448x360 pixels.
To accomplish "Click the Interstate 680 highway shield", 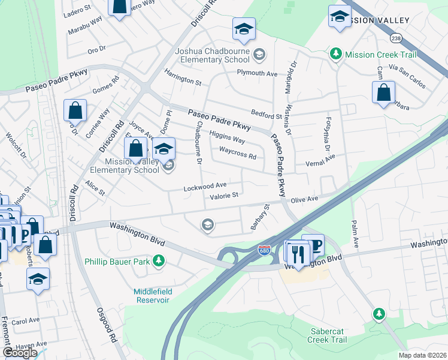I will click(x=264, y=249).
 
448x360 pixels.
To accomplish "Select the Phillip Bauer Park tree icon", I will click(x=159, y=261).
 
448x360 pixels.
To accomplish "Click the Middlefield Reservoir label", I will click(x=153, y=296).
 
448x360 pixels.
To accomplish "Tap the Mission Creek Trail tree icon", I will click(x=336, y=54).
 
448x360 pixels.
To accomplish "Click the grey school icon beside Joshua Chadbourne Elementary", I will click(x=259, y=55).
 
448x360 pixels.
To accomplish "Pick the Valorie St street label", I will click(x=224, y=196).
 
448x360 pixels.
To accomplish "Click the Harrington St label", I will click(x=183, y=81).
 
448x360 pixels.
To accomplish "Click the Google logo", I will click(x=20, y=353).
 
